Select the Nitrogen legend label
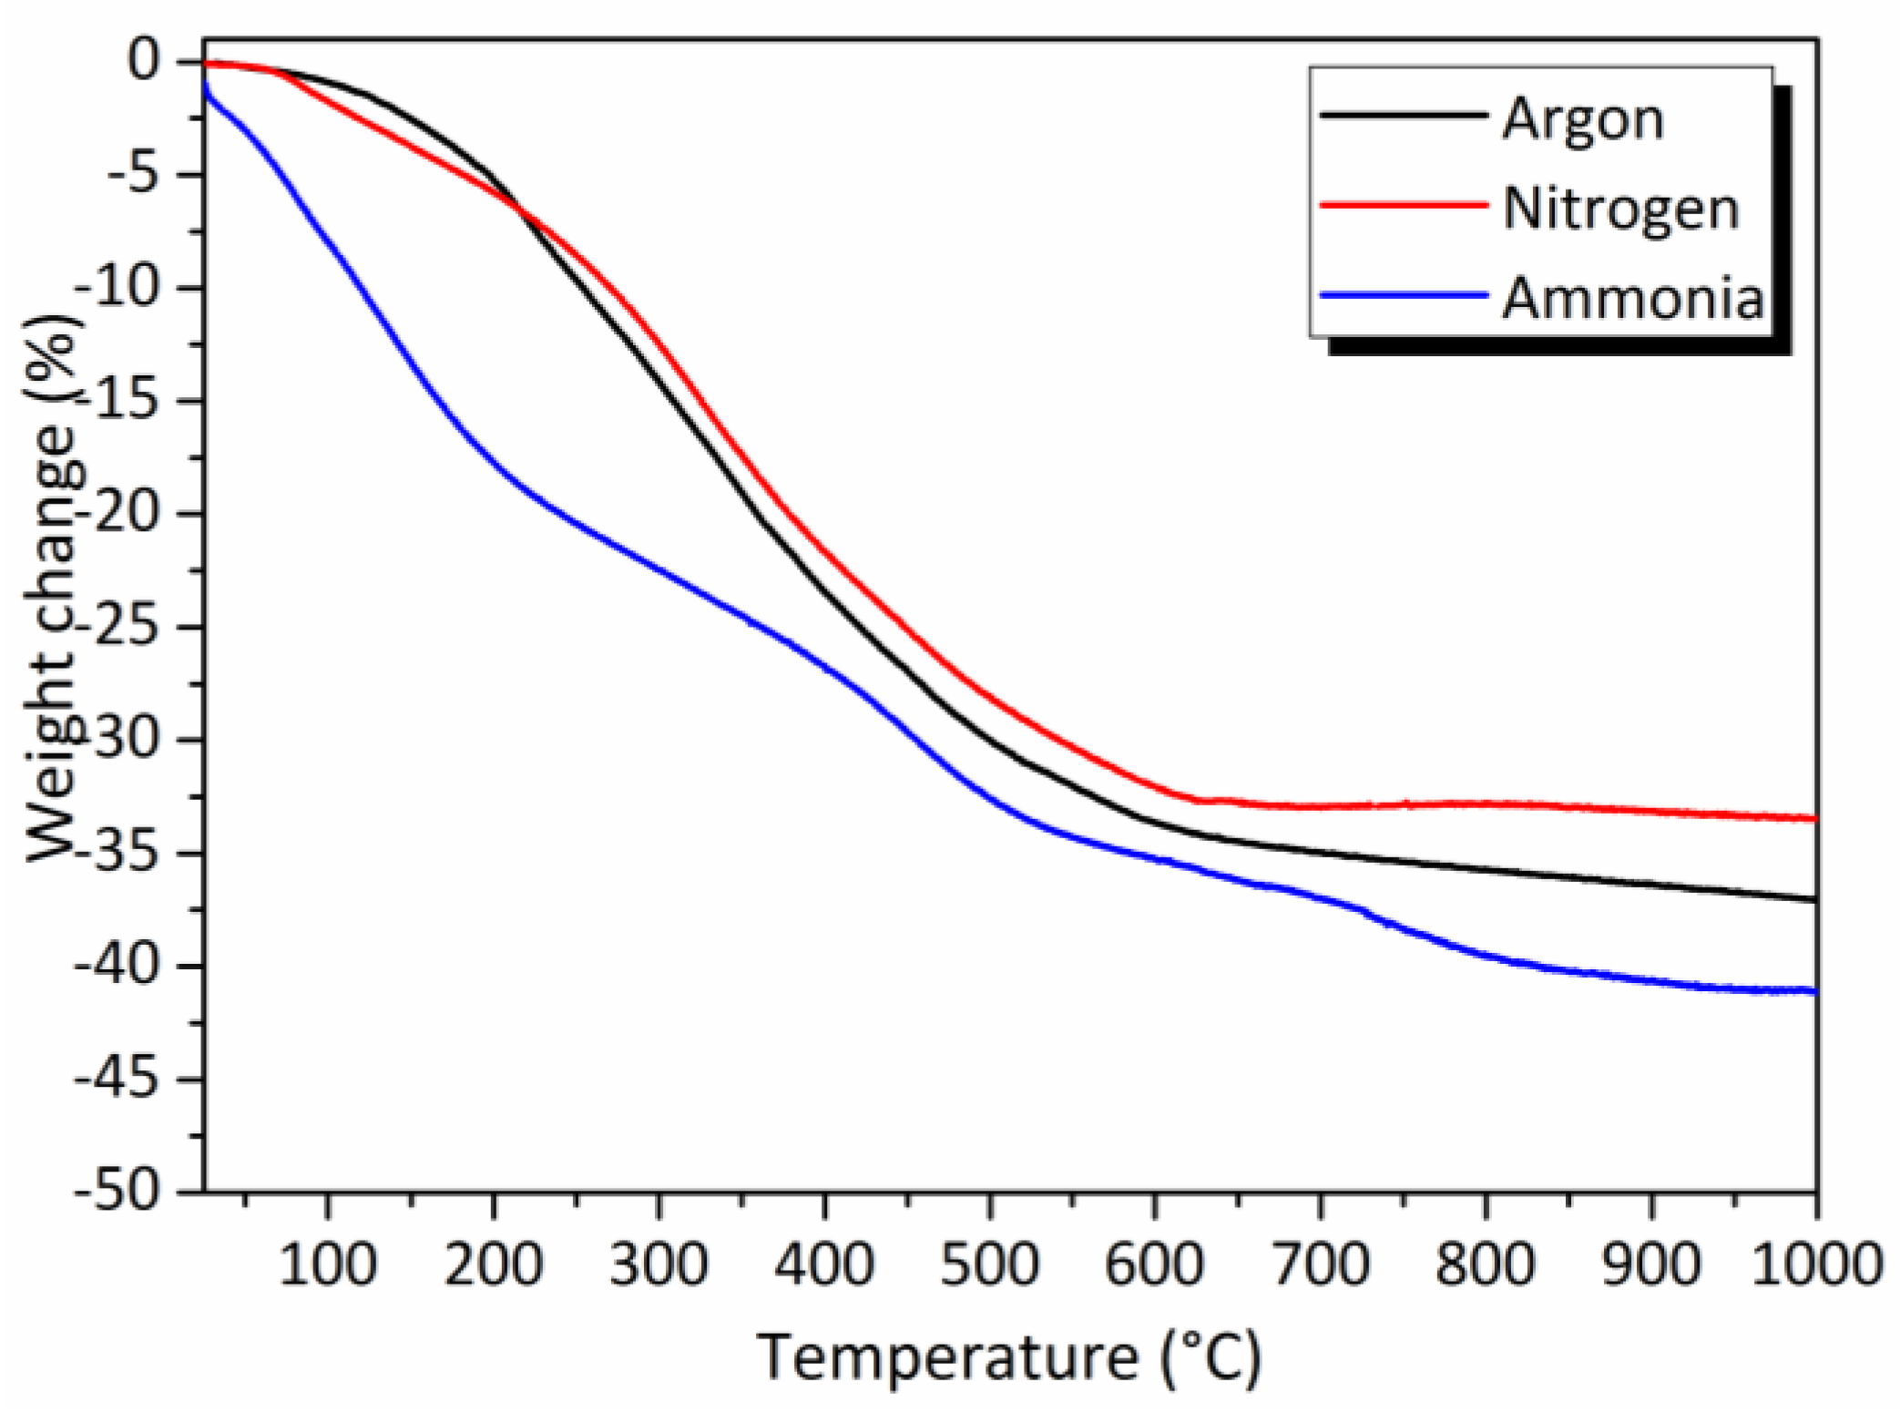[x=1620, y=209]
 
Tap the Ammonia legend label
[x=1633, y=298]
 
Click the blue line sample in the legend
[x=1403, y=295]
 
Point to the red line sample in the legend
[x=1403, y=206]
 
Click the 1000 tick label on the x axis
[x=1815, y=1265]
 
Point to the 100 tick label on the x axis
[x=327, y=1265]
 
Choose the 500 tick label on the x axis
[x=989, y=1265]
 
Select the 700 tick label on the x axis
[x=1321, y=1265]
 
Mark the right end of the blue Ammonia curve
[x=1815, y=991]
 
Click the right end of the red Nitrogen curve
[x=1815, y=818]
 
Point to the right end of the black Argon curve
[x=1815, y=899]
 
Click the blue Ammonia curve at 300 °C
[x=659, y=570]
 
